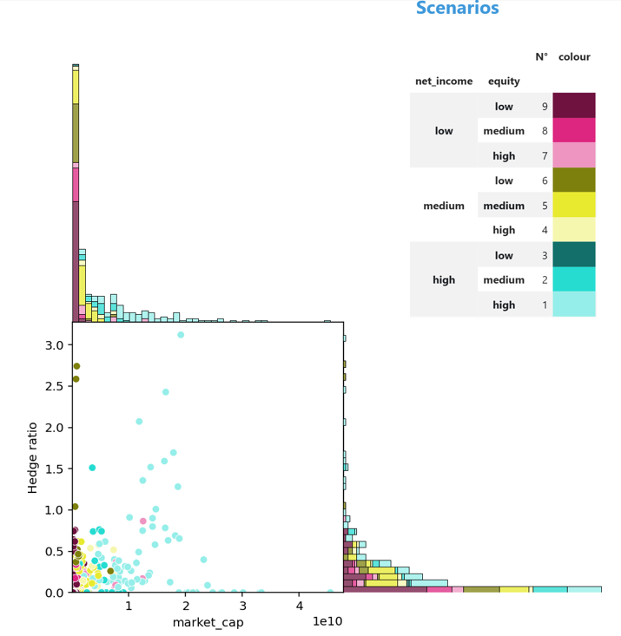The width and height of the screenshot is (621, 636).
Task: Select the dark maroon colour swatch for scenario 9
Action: pyautogui.click(x=573, y=106)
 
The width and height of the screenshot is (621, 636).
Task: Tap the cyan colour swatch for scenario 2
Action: pyautogui.click(x=573, y=279)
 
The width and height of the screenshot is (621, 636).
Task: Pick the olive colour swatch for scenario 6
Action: pyautogui.click(x=573, y=180)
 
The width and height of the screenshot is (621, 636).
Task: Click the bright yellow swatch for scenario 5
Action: pyautogui.click(x=573, y=205)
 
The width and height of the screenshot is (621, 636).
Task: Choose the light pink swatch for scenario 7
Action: pyautogui.click(x=573, y=155)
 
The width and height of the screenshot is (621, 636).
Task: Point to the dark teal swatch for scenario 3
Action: pyautogui.click(x=573, y=254)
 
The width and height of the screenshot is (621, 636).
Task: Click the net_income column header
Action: pyautogui.click(x=444, y=82)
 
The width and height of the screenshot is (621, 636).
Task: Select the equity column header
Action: pyautogui.click(x=504, y=82)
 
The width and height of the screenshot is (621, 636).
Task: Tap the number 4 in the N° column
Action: pyautogui.click(x=541, y=230)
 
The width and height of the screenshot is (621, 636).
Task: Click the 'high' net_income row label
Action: pyautogui.click(x=444, y=280)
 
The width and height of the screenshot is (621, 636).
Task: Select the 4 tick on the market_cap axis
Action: pyautogui.click(x=299, y=606)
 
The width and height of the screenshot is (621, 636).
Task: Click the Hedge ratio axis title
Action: pyautogui.click(x=33, y=457)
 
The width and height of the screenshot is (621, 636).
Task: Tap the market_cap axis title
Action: pyautogui.click(x=208, y=622)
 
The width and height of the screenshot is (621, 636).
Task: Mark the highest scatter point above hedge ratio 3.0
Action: pyautogui.click(x=181, y=335)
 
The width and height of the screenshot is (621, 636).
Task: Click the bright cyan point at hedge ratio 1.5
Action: pyautogui.click(x=92, y=468)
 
